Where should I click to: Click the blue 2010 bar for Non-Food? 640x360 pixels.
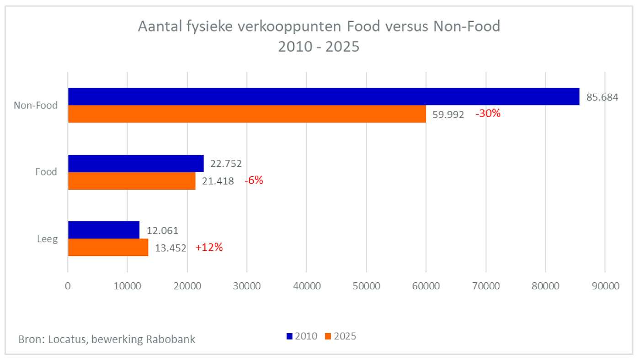coord(324,96)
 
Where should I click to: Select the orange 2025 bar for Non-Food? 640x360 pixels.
coord(247,114)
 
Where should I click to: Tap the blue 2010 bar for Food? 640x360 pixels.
coord(136,164)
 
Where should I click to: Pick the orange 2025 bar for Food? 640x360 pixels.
coord(132,181)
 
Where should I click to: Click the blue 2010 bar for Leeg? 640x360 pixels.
coord(104,230)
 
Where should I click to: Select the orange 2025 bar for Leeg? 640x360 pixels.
coord(108,247)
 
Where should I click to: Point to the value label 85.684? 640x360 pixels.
coord(603,97)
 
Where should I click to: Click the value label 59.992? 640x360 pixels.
coord(448,115)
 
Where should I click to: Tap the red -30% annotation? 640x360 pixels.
coord(488,114)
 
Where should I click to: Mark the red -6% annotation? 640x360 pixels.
coord(254,180)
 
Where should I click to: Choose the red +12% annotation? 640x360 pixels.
coord(209,247)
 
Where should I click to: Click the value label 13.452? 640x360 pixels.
coord(171,248)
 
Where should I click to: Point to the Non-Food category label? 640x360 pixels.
coord(36,106)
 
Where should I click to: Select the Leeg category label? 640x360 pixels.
coord(47,238)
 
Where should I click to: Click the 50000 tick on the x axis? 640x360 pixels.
coord(366,286)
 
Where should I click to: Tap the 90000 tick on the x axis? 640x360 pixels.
coord(605,286)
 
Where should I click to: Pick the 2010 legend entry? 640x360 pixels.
coord(302,336)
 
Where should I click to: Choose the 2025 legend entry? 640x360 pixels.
coord(341,336)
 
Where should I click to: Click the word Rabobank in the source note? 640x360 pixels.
coord(171,339)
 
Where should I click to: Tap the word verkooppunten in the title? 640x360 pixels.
coord(289,26)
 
